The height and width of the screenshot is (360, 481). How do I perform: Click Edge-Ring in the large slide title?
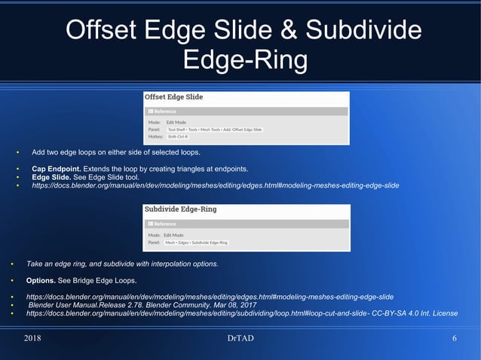[240, 59]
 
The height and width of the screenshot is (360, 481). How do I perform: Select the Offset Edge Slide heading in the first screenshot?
[173, 97]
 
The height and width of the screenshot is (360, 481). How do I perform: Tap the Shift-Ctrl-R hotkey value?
[178, 137]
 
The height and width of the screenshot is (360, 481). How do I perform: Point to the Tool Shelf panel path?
[214, 130]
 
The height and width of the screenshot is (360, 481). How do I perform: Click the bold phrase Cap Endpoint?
[60, 168]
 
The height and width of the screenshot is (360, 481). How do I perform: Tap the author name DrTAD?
[240, 338]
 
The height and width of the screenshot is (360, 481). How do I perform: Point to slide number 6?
[455, 338]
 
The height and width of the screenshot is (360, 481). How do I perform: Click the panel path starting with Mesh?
[197, 243]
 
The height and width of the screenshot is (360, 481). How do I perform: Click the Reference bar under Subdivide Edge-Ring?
[247, 224]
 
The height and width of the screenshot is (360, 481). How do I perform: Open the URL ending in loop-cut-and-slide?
[196, 313]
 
